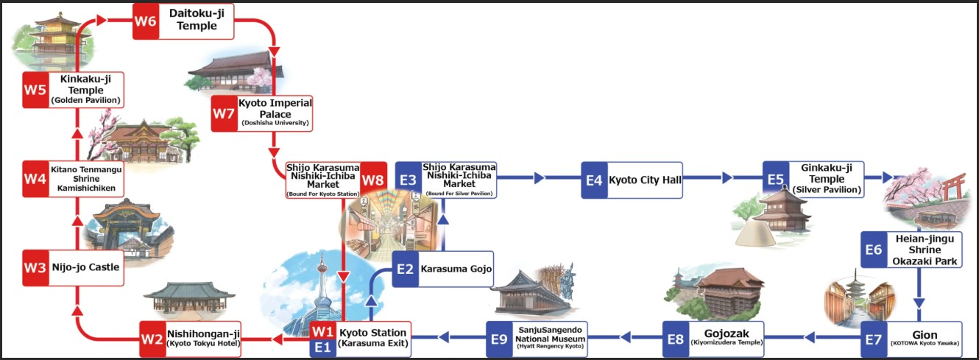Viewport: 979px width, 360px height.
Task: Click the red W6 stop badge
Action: pyautogui.click(x=145, y=21)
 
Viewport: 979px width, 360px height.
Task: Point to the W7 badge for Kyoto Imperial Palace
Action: pyautogui.click(x=224, y=113)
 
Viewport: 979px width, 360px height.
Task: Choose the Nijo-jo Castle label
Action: pyautogui.click(x=85, y=268)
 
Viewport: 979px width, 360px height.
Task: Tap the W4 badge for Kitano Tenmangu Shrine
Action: pyautogui.click(x=35, y=178)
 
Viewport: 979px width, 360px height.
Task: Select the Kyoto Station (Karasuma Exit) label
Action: pyautogui.click(x=372, y=339)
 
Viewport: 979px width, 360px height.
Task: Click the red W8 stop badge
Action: pyautogui.click(x=373, y=180)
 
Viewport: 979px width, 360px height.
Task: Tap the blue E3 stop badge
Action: pyautogui.click(x=409, y=180)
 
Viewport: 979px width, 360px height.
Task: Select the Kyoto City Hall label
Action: pyautogui.click(x=644, y=180)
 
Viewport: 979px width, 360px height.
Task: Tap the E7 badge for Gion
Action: pyautogui.click(x=874, y=339)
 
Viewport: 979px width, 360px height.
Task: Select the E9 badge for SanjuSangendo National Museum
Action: pyautogui.click(x=500, y=339)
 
